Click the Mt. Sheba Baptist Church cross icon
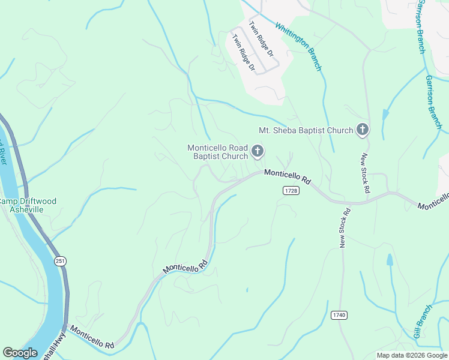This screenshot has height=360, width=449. tap(362, 129)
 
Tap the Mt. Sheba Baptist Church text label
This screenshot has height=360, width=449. tap(306, 130)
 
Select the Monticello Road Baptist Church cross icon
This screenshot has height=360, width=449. tap(258, 151)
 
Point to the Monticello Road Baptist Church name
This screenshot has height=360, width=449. tap(217, 152)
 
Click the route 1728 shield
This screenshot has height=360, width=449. tap(291, 190)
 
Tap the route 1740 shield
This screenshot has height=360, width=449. tap(339, 315)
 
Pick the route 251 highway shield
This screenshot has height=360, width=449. tap(59, 260)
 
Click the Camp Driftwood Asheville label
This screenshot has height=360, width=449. tap(29, 205)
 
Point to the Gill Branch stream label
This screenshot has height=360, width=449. tap(423, 321)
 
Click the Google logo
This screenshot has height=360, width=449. tap(20, 353)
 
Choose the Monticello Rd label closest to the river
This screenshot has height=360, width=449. tap(92, 338)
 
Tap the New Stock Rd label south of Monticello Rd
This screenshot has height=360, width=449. tap(345, 228)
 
